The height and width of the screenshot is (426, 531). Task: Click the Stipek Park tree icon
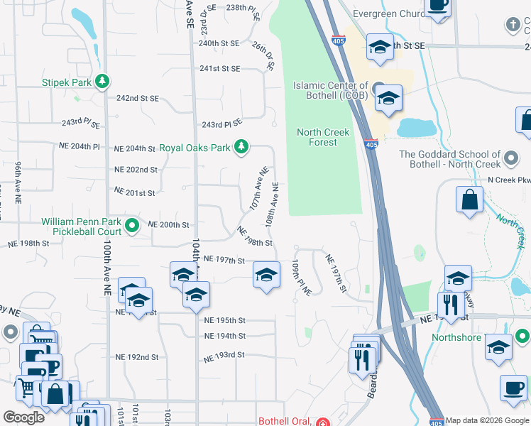coord(103,82)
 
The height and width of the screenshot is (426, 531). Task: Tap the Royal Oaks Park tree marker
coord(241,147)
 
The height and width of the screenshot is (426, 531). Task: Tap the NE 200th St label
coord(168,224)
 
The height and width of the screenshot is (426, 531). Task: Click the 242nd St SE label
coord(138,98)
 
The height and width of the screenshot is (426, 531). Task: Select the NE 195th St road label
coord(224,320)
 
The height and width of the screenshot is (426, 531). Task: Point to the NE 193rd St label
coord(224,354)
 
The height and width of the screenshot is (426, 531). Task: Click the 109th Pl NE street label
coord(302,278)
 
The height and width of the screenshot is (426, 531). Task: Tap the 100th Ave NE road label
coord(106,267)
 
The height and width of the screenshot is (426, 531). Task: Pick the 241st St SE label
coord(219,69)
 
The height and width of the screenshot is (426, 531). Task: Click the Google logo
coord(23,417)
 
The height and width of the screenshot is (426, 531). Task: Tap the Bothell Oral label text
coord(285,421)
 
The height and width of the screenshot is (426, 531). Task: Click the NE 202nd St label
coord(136,170)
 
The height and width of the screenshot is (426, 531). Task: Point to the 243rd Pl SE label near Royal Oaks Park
coord(222,125)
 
